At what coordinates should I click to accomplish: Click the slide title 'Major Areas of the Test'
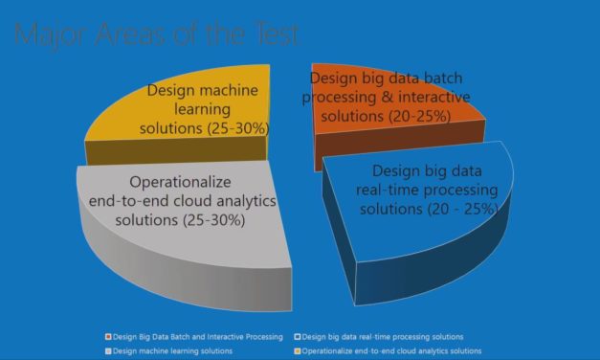157,35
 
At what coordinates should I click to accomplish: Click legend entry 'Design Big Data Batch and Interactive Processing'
197,337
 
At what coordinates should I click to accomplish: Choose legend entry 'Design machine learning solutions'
170,351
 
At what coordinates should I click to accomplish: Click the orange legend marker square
108,337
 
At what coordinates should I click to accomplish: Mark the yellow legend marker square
297,351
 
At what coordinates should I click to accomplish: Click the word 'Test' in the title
273,35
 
